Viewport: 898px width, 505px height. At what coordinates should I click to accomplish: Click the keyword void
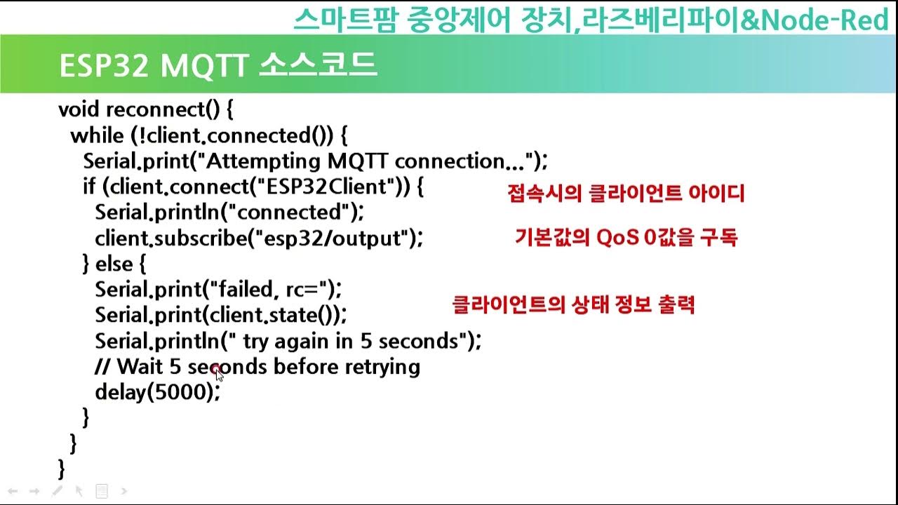point(79,109)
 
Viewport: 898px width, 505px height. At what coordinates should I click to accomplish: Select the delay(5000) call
point(154,392)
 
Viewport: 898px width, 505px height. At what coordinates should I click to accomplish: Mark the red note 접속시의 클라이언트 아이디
point(625,194)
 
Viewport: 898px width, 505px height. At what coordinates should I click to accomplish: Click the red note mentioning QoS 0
point(626,238)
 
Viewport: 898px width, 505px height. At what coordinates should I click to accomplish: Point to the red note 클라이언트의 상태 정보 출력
point(574,305)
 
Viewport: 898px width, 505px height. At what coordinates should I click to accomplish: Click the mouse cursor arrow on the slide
point(219,374)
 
